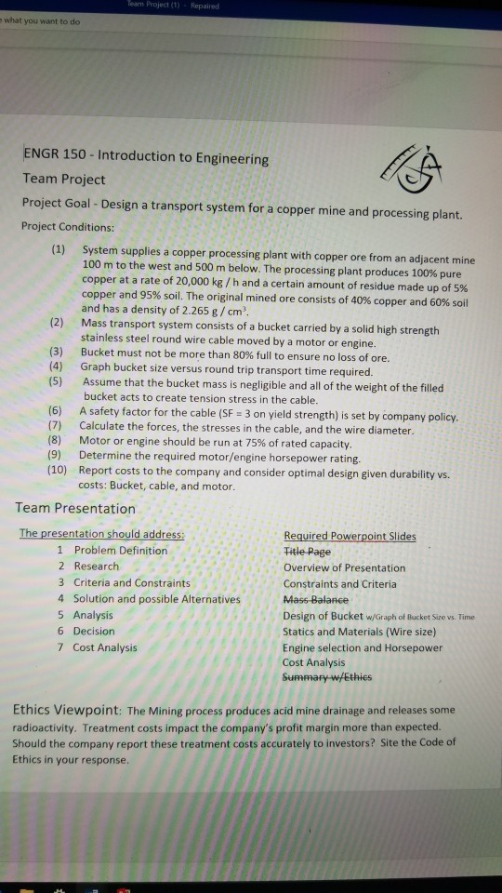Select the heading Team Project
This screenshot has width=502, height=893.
click(x=63, y=180)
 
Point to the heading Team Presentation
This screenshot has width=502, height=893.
click(x=75, y=509)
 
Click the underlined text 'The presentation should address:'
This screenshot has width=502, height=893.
click(x=102, y=534)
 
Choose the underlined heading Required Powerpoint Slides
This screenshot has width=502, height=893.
click(x=349, y=536)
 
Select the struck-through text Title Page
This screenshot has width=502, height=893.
click(x=306, y=552)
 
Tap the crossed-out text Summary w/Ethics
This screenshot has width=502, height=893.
click(x=327, y=678)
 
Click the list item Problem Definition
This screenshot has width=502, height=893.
click(x=120, y=551)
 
